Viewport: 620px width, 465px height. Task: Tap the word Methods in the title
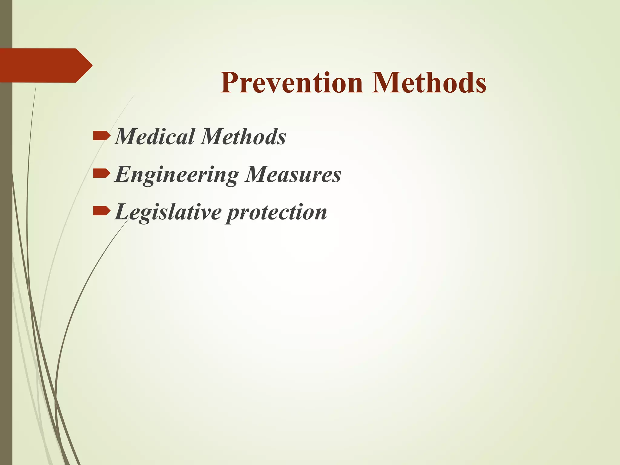(429, 82)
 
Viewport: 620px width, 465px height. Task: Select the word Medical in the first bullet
(155, 137)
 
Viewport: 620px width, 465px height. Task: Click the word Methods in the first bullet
(243, 137)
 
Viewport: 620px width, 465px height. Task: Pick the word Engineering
(177, 175)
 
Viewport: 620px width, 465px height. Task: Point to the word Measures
(293, 174)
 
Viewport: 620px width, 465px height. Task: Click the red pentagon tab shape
(42, 65)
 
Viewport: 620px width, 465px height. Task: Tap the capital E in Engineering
(124, 174)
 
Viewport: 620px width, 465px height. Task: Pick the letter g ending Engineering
(232, 177)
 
